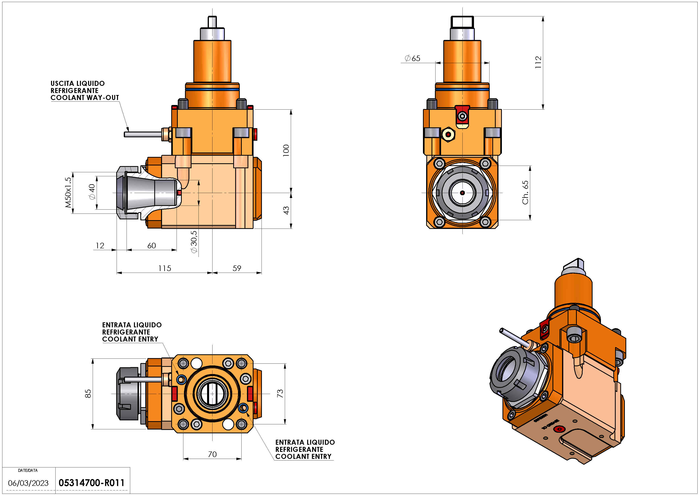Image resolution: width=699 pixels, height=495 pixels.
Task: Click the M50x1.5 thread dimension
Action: pos(68,192)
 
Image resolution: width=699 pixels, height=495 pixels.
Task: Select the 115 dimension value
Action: pos(165,268)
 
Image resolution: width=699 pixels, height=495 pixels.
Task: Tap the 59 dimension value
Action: pos(237,268)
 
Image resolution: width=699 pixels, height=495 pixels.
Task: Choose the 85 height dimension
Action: pos(88,393)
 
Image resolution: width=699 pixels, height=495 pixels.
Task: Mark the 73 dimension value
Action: pos(280,393)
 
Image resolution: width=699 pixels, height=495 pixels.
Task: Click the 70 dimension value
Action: pos(212,454)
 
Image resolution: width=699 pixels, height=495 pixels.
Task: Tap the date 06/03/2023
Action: pos(28,483)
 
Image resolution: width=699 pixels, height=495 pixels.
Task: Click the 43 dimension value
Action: pos(286,210)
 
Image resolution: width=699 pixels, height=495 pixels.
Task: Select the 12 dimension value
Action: pos(100,245)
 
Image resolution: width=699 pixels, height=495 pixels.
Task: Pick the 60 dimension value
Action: pos(152,245)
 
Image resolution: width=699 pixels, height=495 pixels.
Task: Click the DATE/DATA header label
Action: pos(28,470)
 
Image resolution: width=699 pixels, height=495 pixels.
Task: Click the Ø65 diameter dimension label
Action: pos(413,58)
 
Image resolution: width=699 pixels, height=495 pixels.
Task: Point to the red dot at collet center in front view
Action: pos(462,193)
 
